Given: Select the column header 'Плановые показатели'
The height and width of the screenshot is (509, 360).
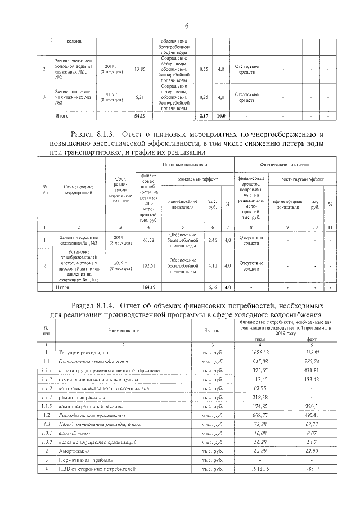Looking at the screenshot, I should [185, 164].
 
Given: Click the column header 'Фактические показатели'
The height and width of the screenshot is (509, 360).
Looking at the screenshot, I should [285, 165].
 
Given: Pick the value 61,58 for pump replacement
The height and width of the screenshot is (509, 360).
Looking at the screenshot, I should [147, 240].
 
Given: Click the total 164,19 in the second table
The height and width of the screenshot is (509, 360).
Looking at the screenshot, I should [147, 287].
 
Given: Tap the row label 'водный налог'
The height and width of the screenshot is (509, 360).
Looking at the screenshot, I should [71, 434].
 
